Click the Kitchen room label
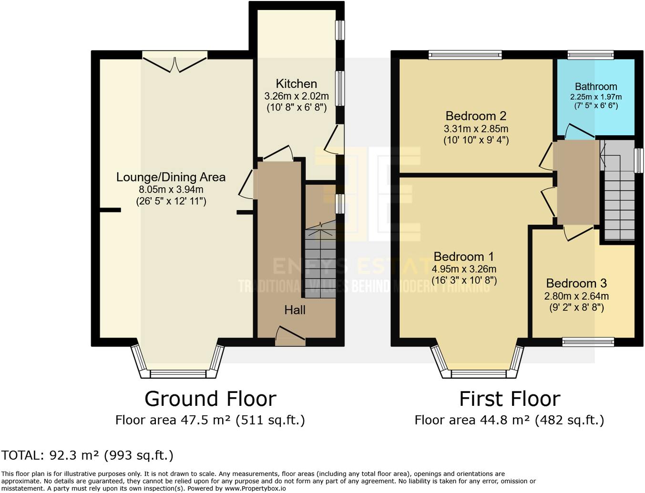click(x=296, y=84)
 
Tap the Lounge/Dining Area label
click(x=171, y=177)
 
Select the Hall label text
click(x=295, y=310)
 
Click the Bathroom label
click(x=595, y=87)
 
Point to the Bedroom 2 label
click(x=476, y=116)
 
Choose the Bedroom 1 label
click(x=463, y=257)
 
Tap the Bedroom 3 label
click(x=576, y=283)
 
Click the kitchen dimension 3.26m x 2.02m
click(x=296, y=96)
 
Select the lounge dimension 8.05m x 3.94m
click(x=171, y=190)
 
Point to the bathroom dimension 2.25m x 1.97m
click(x=595, y=97)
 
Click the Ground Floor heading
click(x=210, y=399)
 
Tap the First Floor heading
click(x=509, y=399)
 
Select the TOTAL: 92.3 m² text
click(x=87, y=455)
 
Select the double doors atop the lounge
click(x=174, y=63)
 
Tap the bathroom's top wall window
click(x=591, y=55)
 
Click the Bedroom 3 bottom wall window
click(x=588, y=341)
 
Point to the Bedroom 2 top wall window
click(x=465, y=55)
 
